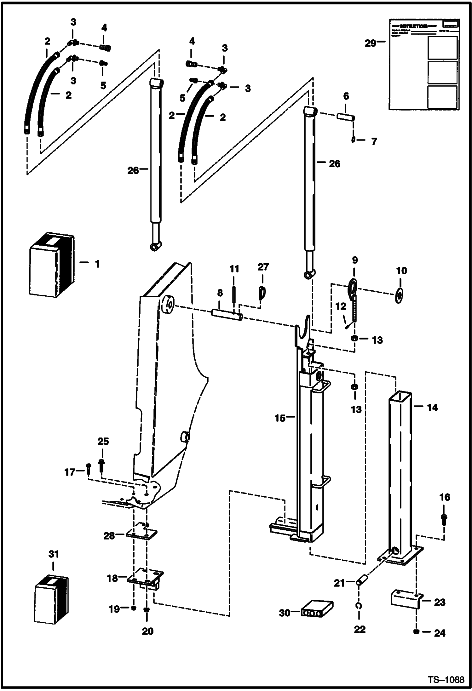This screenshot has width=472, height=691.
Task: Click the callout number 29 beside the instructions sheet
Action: [371, 43]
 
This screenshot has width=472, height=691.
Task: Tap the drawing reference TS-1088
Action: [446, 680]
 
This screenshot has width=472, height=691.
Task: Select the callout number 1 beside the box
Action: [97, 264]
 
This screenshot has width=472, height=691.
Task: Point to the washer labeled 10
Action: [399, 296]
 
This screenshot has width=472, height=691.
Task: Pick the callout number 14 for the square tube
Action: [432, 408]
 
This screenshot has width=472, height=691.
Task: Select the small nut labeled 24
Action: [417, 631]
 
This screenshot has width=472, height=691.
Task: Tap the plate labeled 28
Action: [141, 534]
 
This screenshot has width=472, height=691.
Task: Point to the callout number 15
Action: [279, 418]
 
